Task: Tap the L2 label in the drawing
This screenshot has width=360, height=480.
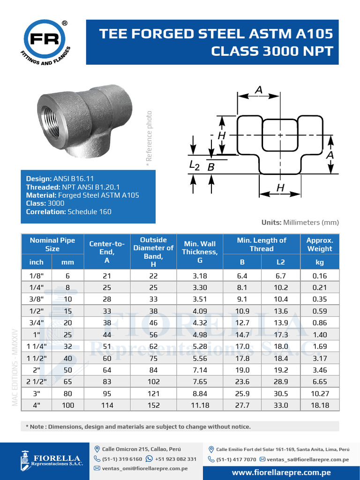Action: pos(194,165)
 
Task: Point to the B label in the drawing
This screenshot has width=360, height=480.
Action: pos(211,167)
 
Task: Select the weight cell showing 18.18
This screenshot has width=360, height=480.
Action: pos(320,405)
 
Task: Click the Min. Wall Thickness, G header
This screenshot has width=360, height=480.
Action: pos(200,251)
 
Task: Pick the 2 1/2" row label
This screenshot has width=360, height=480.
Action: pos(37,382)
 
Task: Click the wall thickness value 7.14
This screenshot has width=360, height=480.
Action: pos(200,370)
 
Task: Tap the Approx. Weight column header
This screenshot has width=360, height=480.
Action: pos(320,244)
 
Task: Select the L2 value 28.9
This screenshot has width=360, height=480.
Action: pos(280,382)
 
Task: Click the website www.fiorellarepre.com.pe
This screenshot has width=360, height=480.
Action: pos(281,472)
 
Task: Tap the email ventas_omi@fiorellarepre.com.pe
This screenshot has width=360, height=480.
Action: pos(145,468)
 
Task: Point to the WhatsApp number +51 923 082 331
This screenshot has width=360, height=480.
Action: pos(175,459)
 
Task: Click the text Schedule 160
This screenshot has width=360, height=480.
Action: pos(90,212)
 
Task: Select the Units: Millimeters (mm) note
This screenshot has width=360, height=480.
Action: pos(300,223)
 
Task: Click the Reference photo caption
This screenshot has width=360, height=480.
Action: pos(149,136)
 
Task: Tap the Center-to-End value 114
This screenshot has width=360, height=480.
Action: pos(107,405)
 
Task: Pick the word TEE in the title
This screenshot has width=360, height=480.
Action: pos(114,34)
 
